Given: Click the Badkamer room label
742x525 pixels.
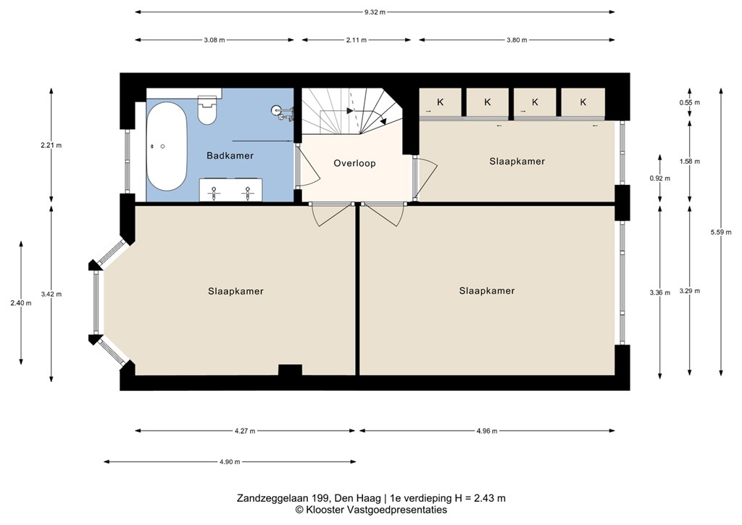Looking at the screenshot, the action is [230, 155].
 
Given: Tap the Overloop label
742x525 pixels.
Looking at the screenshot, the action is [354, 163].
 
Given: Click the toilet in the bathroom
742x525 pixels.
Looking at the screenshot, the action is [207, 109].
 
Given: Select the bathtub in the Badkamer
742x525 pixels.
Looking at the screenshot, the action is [166, 146].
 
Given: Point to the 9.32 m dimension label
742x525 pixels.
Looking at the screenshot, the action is [375, 12].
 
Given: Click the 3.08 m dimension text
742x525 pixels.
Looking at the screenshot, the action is [214, 40].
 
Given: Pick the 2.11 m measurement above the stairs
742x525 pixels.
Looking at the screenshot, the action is [356, 40].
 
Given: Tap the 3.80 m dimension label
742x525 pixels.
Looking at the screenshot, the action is [517, 40].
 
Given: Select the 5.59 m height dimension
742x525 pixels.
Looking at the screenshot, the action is [721, 232].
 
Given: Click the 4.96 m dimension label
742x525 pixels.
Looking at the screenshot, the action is [486, 431].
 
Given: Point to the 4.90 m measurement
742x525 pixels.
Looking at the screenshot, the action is [230, 462].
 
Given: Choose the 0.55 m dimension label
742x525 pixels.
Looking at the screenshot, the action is [690, 102].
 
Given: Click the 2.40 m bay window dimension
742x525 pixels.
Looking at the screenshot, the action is [21, 303].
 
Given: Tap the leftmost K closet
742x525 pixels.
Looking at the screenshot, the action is [440, 102].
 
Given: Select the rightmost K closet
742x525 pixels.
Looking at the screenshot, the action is [583, 102].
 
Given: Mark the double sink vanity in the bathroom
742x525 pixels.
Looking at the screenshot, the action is [230, 190].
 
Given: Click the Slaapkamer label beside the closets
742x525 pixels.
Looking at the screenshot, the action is [517, 162].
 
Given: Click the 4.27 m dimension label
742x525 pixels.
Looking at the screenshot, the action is [245, 431].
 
